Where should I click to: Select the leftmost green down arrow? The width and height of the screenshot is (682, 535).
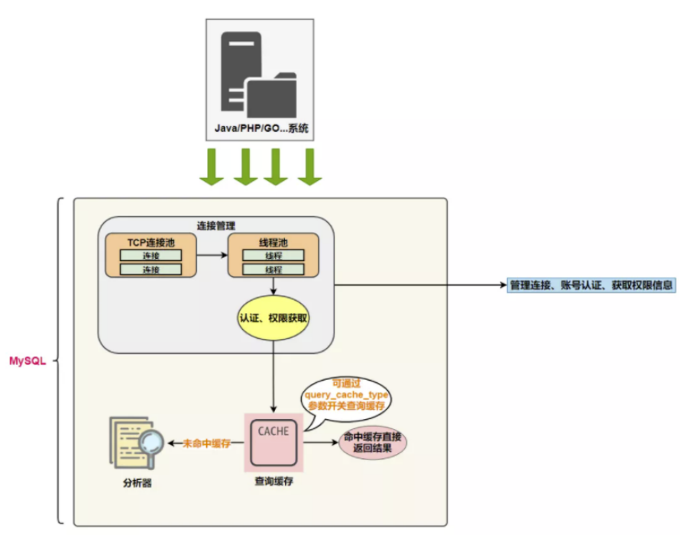pyautogui.click(x=212, y=166)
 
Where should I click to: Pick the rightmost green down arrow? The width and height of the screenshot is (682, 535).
pyautogui.click(x=309, y=166)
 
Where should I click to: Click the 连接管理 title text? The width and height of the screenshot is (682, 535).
pyautogui.click(x=216, y=226)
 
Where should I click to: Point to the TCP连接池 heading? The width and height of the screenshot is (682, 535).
pyautogui.click(x=150, y=242)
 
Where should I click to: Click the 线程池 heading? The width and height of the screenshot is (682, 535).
pyautogui.click(x=273, y=242)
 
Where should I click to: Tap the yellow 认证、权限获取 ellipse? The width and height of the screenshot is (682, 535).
pyautogui.click(x=274, y=317)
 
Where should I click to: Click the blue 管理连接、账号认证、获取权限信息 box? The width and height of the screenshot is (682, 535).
pyautogui.click(x=592, y=285)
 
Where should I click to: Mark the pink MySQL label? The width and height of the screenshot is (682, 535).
pyautogui.click(x=27, y=361)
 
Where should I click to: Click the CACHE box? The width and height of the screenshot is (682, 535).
pyautogui.click(x=273, y=442)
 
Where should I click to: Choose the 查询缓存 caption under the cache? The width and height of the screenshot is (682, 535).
pyautogui.click(x=273, y=483)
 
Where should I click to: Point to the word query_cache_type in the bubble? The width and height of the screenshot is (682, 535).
pyautogui.click(x=347, y=395)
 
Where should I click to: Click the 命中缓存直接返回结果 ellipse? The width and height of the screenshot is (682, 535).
pyautogui.click(x=373, y=443)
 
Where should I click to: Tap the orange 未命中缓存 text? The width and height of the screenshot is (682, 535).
pyautogui.click(x=207, y=443)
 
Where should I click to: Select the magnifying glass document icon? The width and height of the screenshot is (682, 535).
pyautogui.click(x=137, y=444)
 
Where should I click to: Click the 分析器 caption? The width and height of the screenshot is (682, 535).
pyautogui.click(x=137, y=483)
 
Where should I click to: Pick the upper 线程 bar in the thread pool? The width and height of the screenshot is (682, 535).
pyautogui.click(x=273, y=255)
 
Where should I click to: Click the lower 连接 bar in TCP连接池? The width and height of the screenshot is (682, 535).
pyautogui.click(x=150, y=269)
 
